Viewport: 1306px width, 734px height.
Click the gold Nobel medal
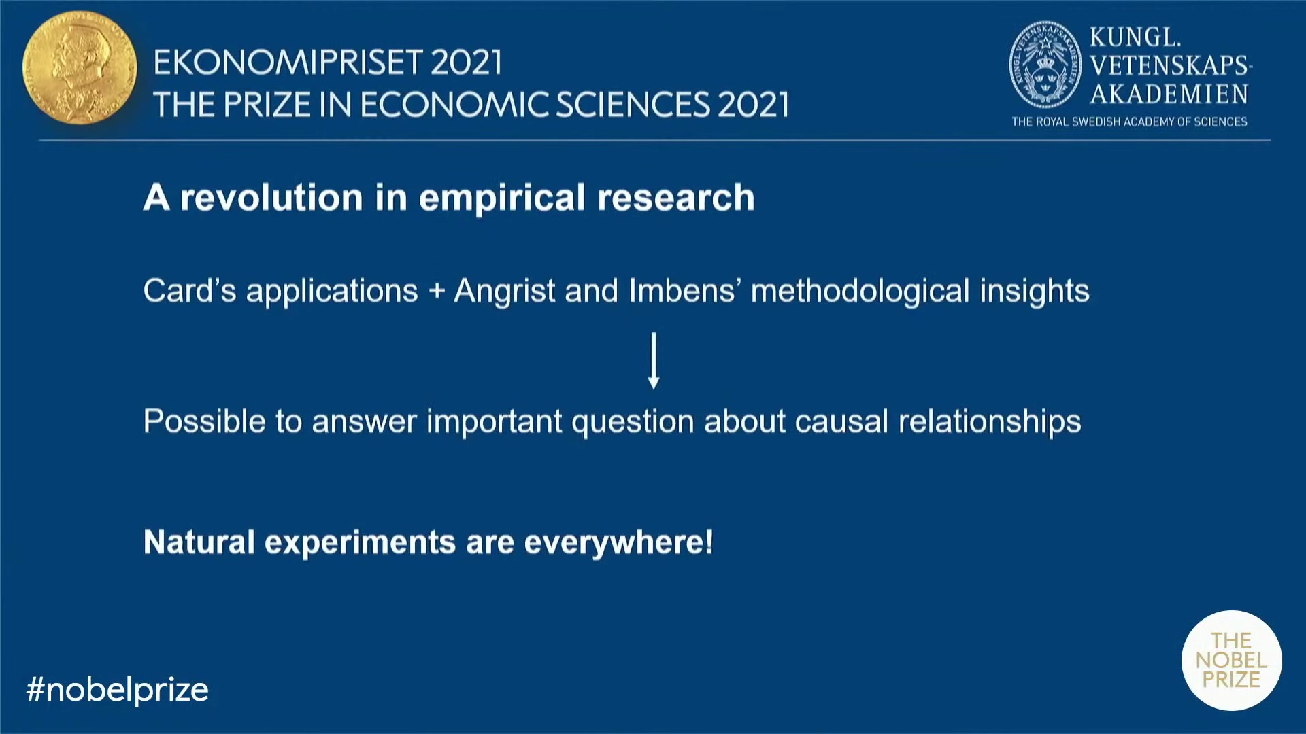click(x=80, y=67)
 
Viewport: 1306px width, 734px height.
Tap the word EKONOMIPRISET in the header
click(x=288, y=63)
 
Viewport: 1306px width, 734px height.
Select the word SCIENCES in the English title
click(x=633, y=105)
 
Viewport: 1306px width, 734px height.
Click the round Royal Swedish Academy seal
click(x=1045, y=65)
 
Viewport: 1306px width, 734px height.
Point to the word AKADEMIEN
click(x=1169, y=94)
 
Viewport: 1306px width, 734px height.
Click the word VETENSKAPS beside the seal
click(x=1169, y=65)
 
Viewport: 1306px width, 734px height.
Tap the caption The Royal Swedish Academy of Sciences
click(x=1129, y=122)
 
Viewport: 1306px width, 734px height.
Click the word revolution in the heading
click(x=271, y=198)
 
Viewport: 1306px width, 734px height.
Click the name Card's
click(x=190, y=290)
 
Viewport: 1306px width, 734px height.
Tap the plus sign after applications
click(x=437, y=292)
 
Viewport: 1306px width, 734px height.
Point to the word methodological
click(x=860, y=292)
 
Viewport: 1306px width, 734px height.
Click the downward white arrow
click(x=654, y=360)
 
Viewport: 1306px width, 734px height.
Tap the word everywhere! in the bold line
click(x=618, y=543)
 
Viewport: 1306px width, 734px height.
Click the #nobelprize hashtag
click(x=117, y=690)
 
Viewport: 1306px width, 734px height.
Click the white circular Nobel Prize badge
click(x=1232, y=660)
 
